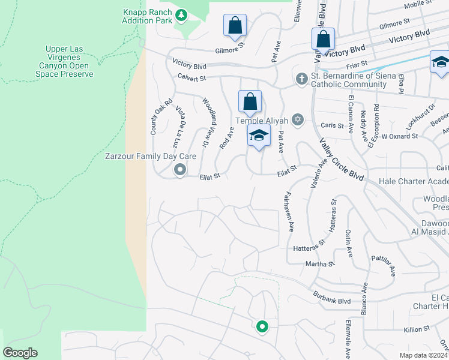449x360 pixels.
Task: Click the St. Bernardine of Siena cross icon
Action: click(x=302, y=79)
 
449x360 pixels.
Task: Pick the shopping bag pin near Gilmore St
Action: click(x=235, y=26)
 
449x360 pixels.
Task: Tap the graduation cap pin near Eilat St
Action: click(x=259, y=136)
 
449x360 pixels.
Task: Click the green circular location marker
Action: click(x=262, y=327)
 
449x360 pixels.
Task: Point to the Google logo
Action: click(x=20, y=353)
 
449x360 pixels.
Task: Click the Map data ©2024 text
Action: click(x=424, y=355)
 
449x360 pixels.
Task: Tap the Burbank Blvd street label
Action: click(x=331, y=296)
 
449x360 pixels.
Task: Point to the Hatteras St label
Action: click(x=309, y=248)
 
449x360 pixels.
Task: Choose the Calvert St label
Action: click(x=191, y=77)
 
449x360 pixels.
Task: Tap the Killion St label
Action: click(x=417, y=329)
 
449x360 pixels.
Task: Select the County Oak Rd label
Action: click(x=154, y=116)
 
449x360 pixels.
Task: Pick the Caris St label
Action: click(x=331, y=127)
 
